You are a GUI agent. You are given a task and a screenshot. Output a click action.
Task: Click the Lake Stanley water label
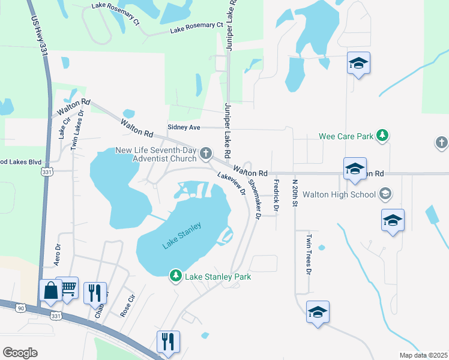click(181, 236)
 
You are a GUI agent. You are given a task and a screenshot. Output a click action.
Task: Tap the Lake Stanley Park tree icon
click(175, 276)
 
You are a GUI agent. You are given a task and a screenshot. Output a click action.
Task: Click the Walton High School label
click(340, 194)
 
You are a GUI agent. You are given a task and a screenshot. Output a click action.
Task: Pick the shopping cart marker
click(68, 287)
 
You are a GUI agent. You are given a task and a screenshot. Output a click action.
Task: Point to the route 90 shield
click(21, 308)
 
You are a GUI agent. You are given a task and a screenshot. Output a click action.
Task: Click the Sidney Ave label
click(184, 127)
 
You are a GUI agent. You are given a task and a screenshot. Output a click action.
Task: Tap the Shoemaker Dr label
click(253, 201)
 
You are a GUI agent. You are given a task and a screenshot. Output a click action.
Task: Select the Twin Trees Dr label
click(309, 254)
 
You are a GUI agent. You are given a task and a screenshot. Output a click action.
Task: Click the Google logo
click(20, 353)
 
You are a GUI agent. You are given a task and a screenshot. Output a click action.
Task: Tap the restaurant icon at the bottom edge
click(167, 342)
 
